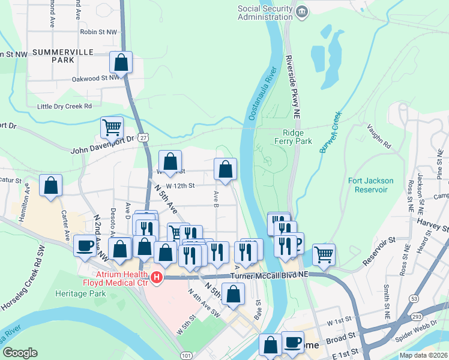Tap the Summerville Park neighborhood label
(x=62, y=56)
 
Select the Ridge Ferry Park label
(x=297, y=137)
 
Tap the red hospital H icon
(x=157, y=277)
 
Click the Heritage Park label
(x=80, y=293)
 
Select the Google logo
(x=20, y=352)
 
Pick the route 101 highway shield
(x=186, y=355)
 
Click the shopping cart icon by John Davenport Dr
(x=112, y=127)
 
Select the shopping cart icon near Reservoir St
(x=324, y=254)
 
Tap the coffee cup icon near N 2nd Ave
(x=85, y=245)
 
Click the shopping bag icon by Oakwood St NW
(x=121, y=62)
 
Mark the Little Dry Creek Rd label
(x=64, y=106)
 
